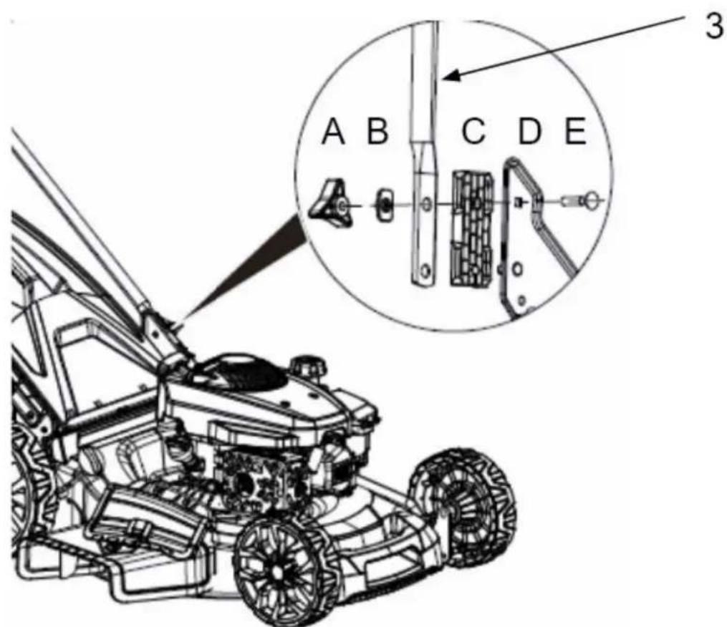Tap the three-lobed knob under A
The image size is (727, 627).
332,205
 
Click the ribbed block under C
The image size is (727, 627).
472,228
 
